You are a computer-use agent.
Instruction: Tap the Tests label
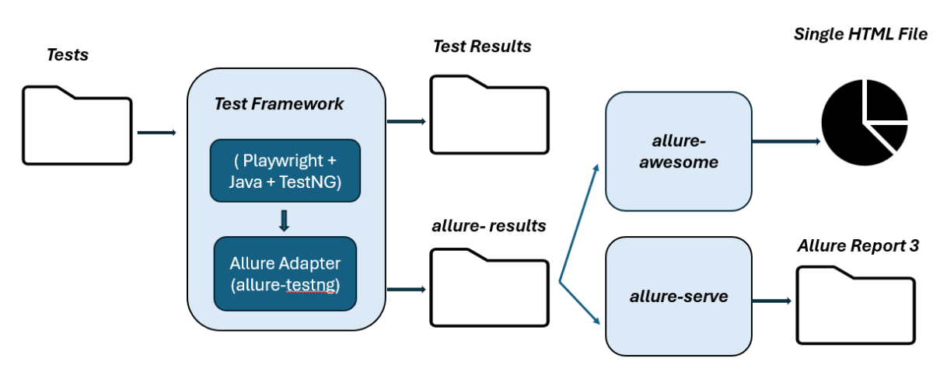68,55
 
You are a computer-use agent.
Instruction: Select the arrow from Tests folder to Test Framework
157,133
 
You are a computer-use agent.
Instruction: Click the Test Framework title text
278,103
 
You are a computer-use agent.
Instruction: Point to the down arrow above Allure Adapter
284,221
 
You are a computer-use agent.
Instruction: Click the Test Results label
482,47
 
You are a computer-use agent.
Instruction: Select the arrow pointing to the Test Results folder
406,121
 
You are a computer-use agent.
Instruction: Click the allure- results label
488,226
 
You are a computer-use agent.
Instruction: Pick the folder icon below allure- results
490,288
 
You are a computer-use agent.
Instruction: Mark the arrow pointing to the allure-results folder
406,290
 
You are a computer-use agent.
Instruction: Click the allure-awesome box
678,152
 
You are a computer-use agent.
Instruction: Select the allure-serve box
678,296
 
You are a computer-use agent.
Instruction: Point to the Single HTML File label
860,34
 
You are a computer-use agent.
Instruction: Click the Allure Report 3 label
858,246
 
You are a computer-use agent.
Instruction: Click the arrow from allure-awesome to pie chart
786,142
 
